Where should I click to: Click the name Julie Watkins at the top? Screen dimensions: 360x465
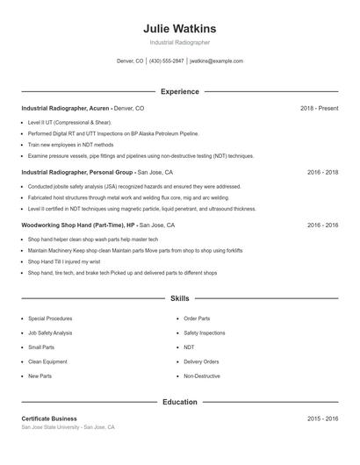point(179,28)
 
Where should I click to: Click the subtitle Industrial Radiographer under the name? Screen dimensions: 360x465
point(179,42)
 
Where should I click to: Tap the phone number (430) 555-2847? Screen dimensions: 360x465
point(166,61)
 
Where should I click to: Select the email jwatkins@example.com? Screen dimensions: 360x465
point(216,61)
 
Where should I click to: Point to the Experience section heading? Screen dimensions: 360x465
point(179,91)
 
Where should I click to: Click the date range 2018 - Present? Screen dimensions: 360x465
point(319,108)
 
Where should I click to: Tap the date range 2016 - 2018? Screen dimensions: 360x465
point(322,173)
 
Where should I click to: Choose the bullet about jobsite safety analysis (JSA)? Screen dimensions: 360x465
point(122,187)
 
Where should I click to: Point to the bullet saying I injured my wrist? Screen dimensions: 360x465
point(66,261)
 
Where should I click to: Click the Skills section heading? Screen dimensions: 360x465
point(179,299)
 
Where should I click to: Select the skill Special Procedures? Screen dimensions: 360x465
point(50,318)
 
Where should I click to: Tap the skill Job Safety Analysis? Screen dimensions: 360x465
point(50,333)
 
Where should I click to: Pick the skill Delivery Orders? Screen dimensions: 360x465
point(201,361)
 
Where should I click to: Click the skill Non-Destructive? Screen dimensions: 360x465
point(201,376)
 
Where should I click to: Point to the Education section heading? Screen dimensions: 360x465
point(179,403)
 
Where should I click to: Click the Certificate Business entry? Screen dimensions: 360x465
point(49,418)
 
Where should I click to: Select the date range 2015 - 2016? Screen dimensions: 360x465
point(322,419)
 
